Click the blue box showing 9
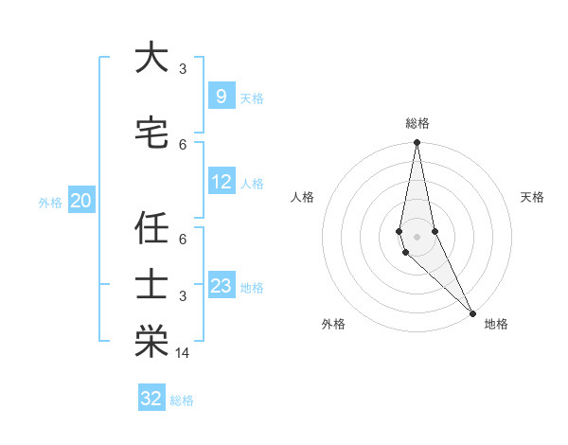[221, 97]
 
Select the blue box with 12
[221, 182]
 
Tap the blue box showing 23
[221, 286]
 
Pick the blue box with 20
[80, 201]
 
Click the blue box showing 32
[151, 399]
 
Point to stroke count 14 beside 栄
[184, 353]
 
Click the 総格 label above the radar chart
[417, 123]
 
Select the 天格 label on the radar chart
[532, 197]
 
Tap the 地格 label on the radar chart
[496, 324]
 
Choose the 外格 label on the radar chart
[333, 324]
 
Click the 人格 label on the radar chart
[302, 197]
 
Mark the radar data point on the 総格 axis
[417, 143]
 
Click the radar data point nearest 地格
[472, 312]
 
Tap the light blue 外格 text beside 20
[50, 202]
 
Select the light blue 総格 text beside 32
[182, 400]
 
